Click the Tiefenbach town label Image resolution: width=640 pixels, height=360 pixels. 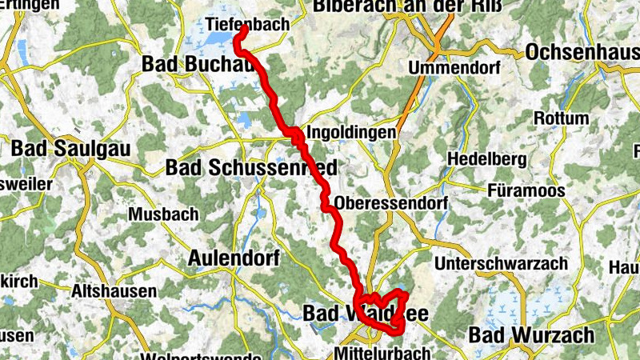tap(247, 24)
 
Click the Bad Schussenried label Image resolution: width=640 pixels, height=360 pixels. tap(250, 167)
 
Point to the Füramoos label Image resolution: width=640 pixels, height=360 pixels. tap(526, 191)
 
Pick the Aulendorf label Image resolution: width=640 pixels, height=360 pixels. tap(233, 258)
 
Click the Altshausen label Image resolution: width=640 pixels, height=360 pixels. tap(114, 291)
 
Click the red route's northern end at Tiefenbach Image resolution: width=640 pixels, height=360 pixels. tap(242, 30)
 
